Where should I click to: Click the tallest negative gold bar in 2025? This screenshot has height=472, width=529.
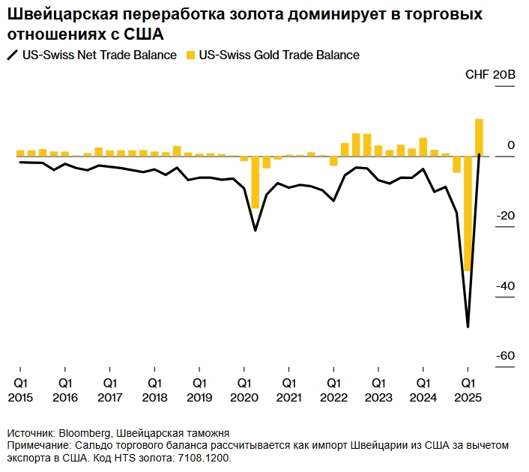coord(468,214)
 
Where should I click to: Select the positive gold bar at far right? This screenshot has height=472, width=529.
coord(479,138)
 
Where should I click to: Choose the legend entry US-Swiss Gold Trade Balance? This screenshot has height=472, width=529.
coord(279,55)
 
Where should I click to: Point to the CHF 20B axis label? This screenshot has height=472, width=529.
coord(491,75)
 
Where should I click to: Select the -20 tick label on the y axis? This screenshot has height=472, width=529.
coord(507,216)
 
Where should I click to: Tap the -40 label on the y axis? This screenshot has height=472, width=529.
coord(507,285)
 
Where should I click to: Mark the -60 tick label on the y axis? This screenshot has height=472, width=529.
coord(507,355)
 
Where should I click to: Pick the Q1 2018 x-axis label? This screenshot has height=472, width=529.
coord(154,390)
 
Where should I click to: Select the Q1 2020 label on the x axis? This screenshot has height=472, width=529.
coord(244,390)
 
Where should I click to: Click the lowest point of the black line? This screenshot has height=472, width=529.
coord(468,327)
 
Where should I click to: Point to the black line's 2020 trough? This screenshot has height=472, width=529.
coord(256,230)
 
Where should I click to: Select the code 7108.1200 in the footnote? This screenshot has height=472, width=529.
coord(202,457)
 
